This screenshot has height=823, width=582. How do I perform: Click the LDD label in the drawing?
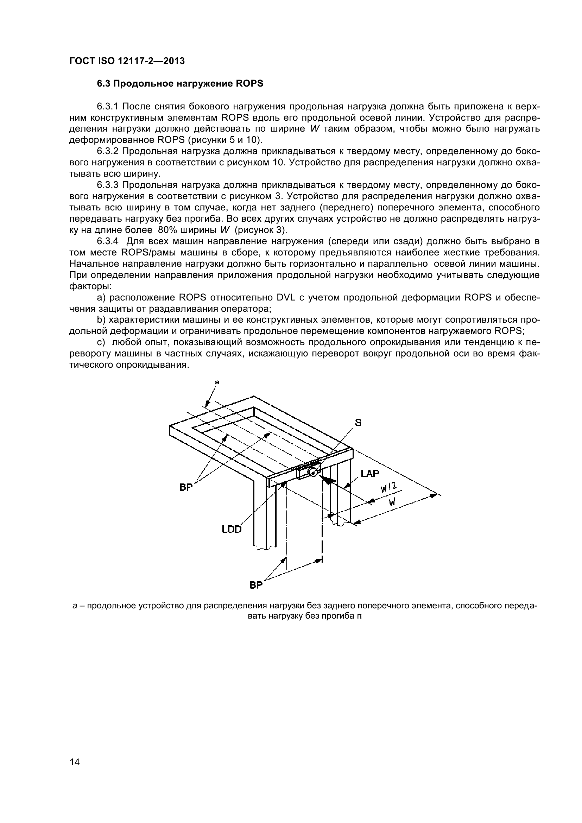[x=232, y=529]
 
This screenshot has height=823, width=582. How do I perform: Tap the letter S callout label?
[x=358, y=423]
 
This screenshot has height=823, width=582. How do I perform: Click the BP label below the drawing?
[x=256, y=585]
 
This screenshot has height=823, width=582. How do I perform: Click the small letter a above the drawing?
[x=216, y=382]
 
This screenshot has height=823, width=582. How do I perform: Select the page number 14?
[x=75, y=772]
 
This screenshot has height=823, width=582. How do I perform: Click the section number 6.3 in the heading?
[x=104, y=83]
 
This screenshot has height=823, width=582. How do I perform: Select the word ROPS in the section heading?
[x=250, y=83]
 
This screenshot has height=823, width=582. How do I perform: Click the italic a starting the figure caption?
[x=75, y=606]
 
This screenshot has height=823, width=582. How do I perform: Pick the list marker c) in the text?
[x=101, y=342]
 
